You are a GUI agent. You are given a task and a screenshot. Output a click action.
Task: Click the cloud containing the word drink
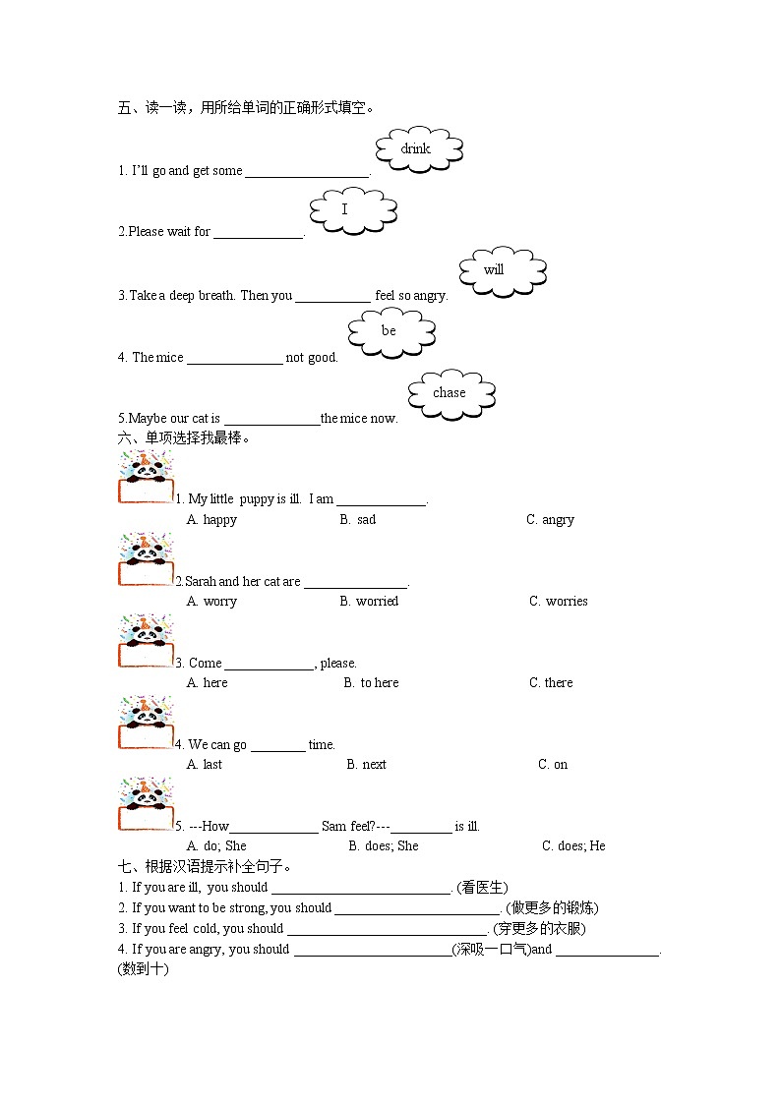[x=418, y=149]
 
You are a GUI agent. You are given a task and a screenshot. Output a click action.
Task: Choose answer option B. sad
[x=358, y=520]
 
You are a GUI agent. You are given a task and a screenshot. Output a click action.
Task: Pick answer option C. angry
[x=550, y=520]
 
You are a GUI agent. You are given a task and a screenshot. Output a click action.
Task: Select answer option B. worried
[x=369, y=602]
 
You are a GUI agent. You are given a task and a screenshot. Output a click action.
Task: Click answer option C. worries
[x=558, y=602]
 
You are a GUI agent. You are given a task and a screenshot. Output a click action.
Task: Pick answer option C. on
[x=553, y=765]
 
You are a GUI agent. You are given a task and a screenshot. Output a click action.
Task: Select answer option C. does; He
[x=573, y=846]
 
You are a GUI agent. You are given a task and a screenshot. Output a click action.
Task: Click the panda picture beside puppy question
[x=146, y=479]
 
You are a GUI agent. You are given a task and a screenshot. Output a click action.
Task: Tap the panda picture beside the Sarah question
[x=146, y=560]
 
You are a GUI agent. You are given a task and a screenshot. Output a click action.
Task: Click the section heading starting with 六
[x=184, y=438]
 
